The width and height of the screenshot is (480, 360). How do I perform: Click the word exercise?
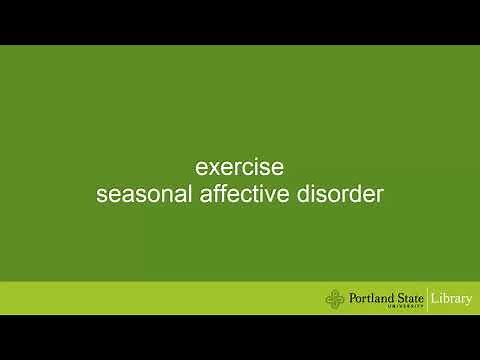[240, 165]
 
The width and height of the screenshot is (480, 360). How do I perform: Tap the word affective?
[245, 193]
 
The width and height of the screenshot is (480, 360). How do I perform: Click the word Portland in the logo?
[371, 296]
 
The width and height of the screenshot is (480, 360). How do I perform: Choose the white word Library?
[453, 297]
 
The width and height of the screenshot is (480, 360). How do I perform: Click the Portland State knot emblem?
[335, 297]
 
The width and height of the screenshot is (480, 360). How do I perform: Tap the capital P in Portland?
[353, 296]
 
